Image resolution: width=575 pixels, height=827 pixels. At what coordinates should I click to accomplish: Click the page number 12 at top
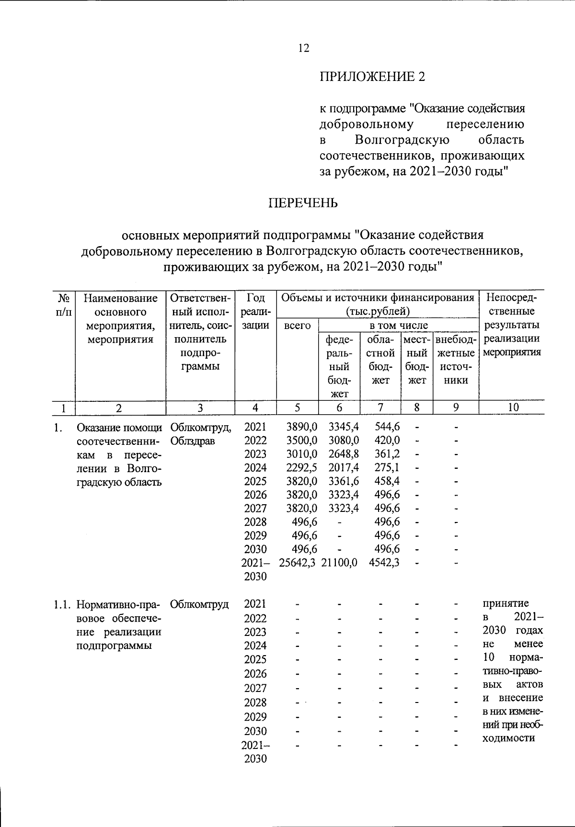coord(303,48)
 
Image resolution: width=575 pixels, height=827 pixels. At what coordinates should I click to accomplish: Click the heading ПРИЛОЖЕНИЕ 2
coord(372,77)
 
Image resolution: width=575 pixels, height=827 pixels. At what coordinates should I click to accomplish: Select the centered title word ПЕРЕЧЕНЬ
coord(303,203)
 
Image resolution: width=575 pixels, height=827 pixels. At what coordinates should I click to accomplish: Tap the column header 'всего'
coord(297,326)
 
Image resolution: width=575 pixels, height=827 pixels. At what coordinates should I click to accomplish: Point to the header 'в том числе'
coord(398,326)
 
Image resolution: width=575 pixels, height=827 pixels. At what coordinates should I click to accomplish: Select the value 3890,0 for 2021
coord(301,426)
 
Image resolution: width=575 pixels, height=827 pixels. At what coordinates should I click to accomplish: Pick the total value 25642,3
coord(297,563)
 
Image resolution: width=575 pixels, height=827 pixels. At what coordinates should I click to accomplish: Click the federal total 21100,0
coord(339,563)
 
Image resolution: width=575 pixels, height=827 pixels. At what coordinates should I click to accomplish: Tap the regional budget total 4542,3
coord(384,563)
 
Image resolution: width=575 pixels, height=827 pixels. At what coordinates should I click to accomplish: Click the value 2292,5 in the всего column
coord(301,467)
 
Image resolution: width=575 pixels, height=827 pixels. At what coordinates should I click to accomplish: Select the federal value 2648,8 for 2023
coord(343,453)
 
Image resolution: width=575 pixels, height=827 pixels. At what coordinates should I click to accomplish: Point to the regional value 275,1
coord(387,467)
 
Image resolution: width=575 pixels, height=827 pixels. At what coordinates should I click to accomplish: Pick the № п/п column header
coord(64,305)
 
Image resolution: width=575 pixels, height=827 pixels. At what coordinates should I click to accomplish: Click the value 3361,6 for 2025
coord(343,481)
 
